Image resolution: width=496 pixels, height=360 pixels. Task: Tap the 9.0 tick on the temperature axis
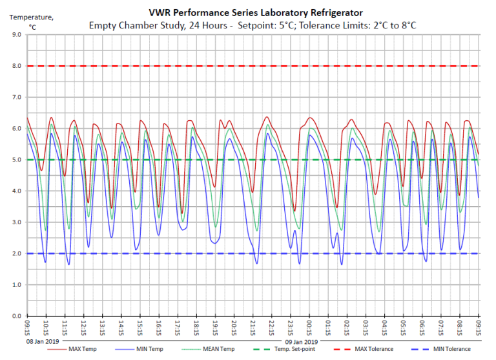click(x=15, y=35)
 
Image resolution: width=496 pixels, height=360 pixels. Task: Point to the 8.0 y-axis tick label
click(x=15, y=66)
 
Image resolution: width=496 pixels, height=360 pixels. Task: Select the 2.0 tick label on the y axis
click(x=15, y=253)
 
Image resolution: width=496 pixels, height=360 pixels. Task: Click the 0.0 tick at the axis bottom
click(x=15, y=316)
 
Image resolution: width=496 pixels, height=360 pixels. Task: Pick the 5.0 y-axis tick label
click(x=15, y=160)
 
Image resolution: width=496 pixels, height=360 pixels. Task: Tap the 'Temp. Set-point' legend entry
click(x=295, y=349)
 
